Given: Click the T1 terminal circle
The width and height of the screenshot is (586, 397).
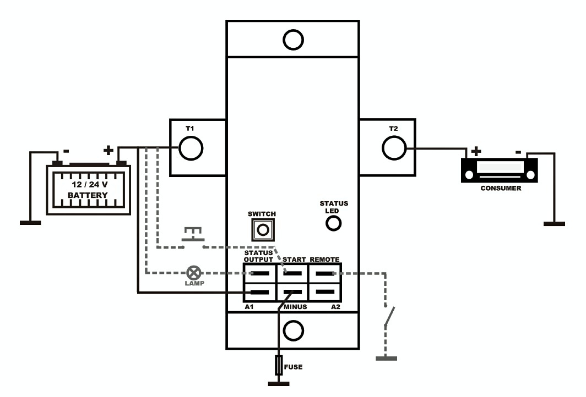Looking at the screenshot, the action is (x=191, y=148).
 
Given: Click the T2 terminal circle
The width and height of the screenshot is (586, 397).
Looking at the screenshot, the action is (x=394, y=148).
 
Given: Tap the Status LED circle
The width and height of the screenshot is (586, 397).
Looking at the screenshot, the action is (x=333, y=223).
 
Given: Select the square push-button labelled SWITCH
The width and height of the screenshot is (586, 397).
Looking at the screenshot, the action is (x=263, y=229).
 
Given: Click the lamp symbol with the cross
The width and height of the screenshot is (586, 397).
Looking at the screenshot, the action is (x=193, y=273).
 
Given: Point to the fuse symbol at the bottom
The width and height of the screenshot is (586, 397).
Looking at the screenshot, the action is (x=279, y=365).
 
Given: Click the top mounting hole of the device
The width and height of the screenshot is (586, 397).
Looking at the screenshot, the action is (x=293, y=40).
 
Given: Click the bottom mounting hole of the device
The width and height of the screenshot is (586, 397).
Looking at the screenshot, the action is (x=293, y=330).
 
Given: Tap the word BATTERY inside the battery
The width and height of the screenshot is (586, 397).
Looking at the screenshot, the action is (x=88, y=195).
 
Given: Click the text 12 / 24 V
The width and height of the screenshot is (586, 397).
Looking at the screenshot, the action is (x=89, y=184).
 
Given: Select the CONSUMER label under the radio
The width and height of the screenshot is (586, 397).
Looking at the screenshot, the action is (x=501, y=188).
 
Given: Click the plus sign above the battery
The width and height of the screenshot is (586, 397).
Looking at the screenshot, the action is (x=108, y=150).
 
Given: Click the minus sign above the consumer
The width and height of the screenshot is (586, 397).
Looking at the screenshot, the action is (x=518, y=152).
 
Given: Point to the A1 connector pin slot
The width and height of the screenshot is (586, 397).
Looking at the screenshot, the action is (x=260, y=293).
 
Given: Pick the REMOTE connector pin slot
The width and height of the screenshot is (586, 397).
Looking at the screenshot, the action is (x=325, y=273).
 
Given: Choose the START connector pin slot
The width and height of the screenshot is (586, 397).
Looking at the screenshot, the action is (x=292, y=273).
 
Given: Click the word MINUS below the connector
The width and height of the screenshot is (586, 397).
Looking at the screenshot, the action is (x=295, y=307).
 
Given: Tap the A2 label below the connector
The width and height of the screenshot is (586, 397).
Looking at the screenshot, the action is (x=335, y=307).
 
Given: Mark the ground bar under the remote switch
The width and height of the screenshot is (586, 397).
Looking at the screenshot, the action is (x=386, y=358).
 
